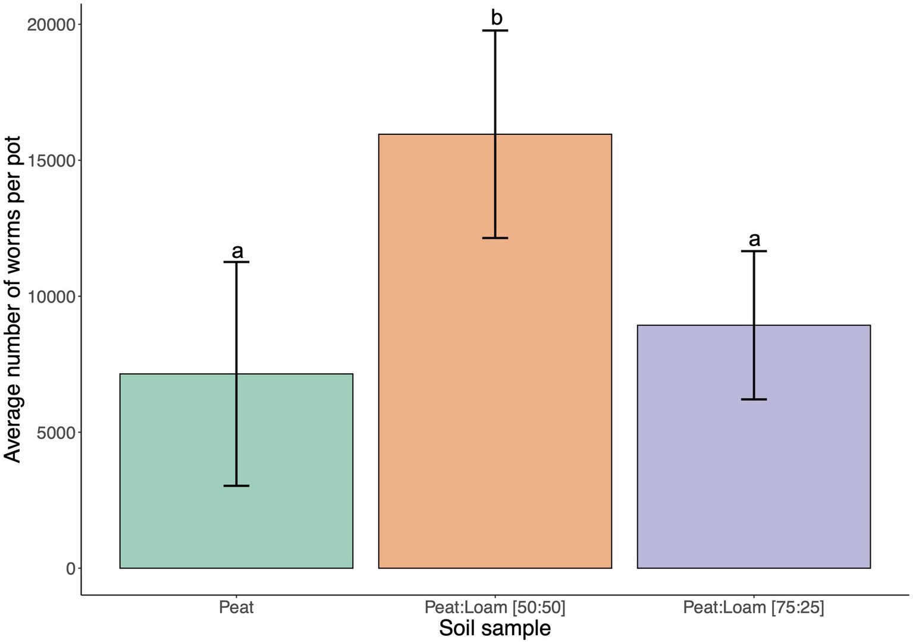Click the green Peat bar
pos(178,475)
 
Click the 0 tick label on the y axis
pos(71,569)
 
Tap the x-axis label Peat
pos(236,607)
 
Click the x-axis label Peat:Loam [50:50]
pos(495,607)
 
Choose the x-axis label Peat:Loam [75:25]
pos(754,607)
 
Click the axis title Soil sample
pos(495,628)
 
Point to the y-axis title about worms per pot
pos(12,299)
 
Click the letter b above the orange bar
pos(497,18)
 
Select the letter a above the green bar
pos(237,251)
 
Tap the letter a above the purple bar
pos(754,239)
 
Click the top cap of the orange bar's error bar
pos(495,30)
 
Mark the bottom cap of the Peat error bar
pos(236,486)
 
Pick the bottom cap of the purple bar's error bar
pos(754,399)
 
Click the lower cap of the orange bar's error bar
pos(495,238)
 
